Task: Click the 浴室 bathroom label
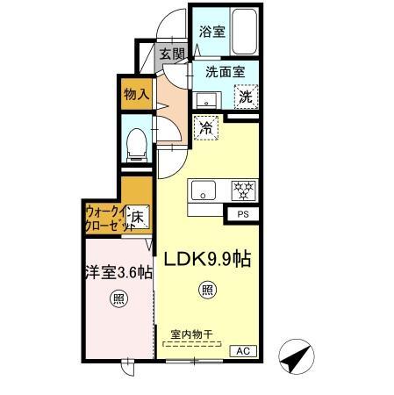coord(212,32)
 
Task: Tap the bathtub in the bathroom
coord(245,32)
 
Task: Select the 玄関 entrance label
coord(172,54)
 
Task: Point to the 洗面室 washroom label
coord(226,72)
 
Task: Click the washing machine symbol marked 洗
coord(246,97)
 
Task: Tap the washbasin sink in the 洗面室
coord(206,100)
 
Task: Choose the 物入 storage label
coord(137,94)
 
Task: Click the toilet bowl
coord(136,145)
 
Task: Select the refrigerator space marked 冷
coord(206,128)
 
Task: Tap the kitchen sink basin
coord(204,190)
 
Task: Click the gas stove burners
coord(243,190)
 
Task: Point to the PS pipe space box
coord(243,214)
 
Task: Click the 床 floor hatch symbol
coord(138,217)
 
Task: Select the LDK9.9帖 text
coord(207,259)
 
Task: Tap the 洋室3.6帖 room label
coord(118,273)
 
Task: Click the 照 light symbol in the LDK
coord(207,290)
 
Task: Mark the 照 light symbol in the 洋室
coord(118,299)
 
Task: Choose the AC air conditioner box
coord(243,351)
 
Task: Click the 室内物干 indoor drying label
coord(191,334)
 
